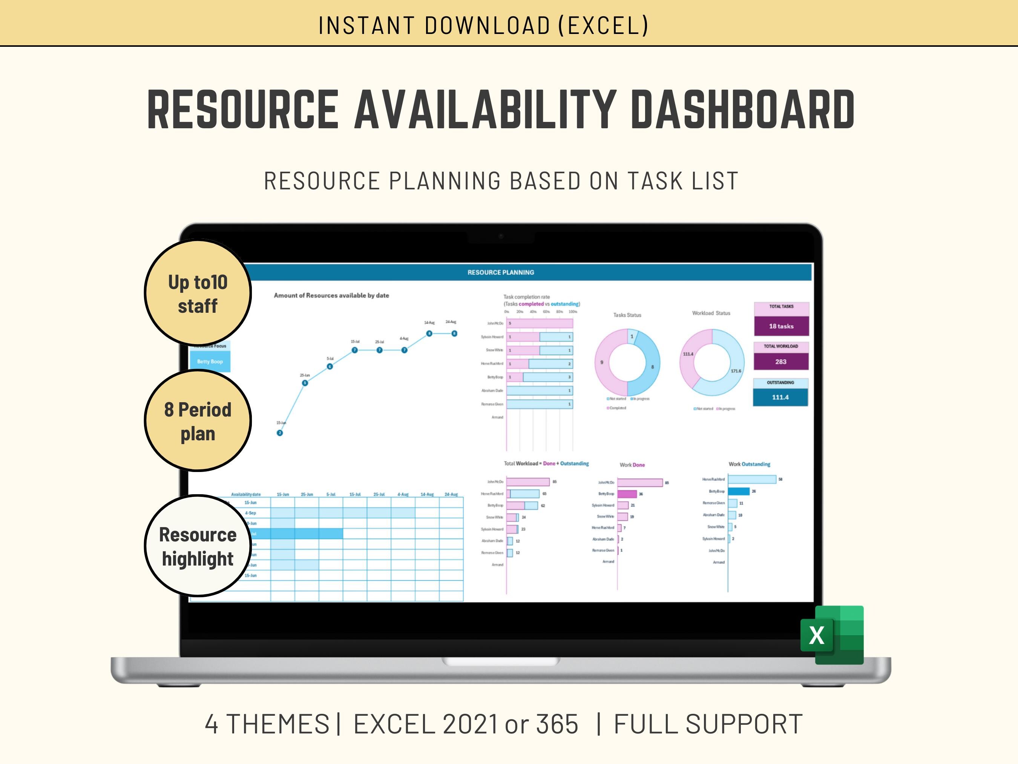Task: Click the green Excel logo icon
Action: click(832, 635)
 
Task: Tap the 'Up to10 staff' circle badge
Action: click(198, 293)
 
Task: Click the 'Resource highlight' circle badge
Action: click(198, 546)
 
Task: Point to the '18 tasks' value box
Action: click(781, 326)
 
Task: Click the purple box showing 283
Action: click(780, 361)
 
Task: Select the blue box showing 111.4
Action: click(780, 397)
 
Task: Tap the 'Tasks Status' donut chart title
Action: click(627, 315)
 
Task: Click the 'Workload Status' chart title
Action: click(711, 313)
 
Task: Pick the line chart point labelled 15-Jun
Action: click(280, 432)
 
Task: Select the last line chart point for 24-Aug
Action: click(454, 334)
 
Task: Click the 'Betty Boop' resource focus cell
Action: click(210, 361)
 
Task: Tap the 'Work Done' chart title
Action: click(632, 465)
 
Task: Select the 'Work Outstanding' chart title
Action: click(749, 464)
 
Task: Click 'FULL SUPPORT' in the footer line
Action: click(708, 724)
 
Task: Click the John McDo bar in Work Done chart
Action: click(640, 483)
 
